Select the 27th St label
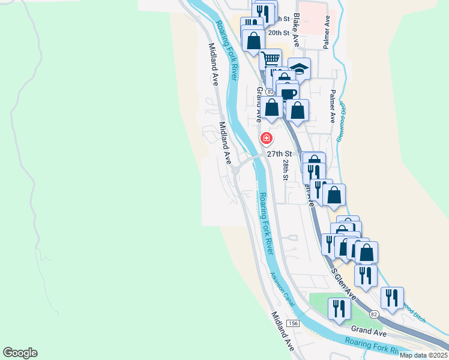[279, 154]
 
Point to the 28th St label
[286, 170]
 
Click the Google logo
[20, 353]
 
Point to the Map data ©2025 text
[423, 355]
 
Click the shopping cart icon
[271, 59]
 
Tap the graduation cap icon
[299, 68]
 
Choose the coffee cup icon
[288, 93]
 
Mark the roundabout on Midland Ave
[236, 170]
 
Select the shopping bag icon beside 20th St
[254, 40]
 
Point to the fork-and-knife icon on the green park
[339, 308]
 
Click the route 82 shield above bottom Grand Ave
[375, 315]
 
